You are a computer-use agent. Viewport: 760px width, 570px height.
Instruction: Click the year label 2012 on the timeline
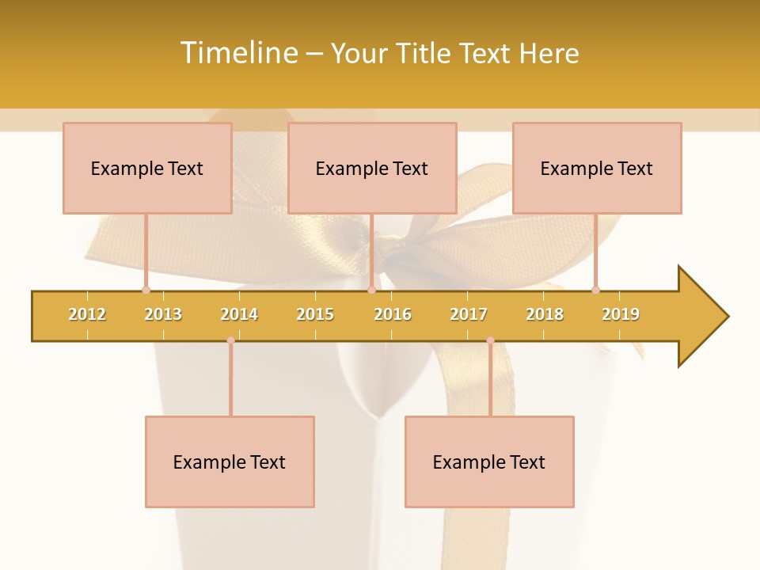point(87,314)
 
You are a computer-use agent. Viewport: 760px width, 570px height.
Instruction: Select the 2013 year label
point(163,314)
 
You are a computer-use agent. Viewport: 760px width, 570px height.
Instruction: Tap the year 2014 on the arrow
point(239,314)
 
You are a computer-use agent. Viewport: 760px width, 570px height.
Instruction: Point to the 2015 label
point(315,314)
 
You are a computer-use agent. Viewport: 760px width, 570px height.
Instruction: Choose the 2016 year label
point(393,314)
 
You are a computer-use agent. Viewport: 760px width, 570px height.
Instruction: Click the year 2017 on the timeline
point(469,314)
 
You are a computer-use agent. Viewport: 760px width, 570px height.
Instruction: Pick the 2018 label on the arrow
point(545,314)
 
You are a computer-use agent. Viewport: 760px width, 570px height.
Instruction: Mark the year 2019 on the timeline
point(621,314)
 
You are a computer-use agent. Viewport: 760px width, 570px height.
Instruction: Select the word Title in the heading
point(424,53)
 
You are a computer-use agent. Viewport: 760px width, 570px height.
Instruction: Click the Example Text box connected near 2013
point(147,168)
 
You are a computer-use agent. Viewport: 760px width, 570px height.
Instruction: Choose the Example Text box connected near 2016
point(372,168)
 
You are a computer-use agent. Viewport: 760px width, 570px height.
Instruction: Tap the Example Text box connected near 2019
point(597,168)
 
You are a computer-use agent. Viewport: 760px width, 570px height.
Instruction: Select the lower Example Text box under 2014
point(230,462)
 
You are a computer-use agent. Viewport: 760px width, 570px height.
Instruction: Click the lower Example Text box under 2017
point(489,462)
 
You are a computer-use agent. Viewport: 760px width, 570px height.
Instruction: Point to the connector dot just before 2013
point(146,290)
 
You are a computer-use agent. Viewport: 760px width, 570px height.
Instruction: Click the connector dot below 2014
point(230,340)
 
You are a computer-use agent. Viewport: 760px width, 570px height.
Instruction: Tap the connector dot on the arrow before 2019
point(595,290)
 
